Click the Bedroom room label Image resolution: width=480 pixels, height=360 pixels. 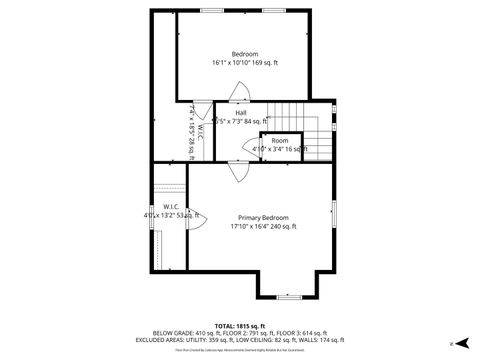(245, 53)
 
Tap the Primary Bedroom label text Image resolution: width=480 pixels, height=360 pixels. (263, 217)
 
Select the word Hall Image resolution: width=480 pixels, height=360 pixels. (241, 113)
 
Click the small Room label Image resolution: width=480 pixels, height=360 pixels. (280, 141)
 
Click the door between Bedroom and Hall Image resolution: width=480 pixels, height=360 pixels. (240, 95)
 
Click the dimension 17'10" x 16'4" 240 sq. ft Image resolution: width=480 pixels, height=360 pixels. (263, 227)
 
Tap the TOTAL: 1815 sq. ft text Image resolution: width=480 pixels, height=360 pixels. (239, 326)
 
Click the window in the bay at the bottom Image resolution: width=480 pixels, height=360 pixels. (290, 297)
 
